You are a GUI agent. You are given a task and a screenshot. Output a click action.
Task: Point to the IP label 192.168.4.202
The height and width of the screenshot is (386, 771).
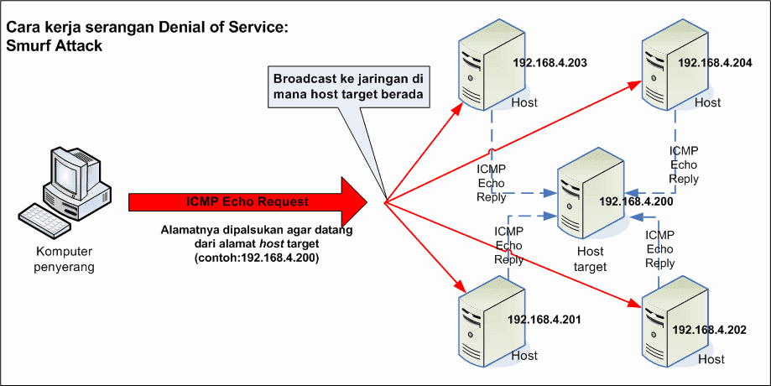pos(710,330)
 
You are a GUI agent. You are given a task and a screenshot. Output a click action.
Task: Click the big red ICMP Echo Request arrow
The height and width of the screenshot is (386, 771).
pos(248,201)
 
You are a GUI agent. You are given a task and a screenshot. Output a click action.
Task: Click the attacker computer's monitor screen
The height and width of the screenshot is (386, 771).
pos(65,175)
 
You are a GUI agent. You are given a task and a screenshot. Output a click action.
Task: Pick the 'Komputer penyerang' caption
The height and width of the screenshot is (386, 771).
pos(64,259)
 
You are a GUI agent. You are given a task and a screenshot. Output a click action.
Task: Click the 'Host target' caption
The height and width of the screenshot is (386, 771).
pos(591,259)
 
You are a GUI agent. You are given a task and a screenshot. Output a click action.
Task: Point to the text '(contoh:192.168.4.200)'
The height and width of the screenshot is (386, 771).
pos(257,258)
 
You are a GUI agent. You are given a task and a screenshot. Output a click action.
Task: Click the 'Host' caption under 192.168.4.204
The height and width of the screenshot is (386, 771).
pos(707,102)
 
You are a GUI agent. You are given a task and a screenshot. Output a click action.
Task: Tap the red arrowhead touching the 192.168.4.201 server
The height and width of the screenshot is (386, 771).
pos(461,285)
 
